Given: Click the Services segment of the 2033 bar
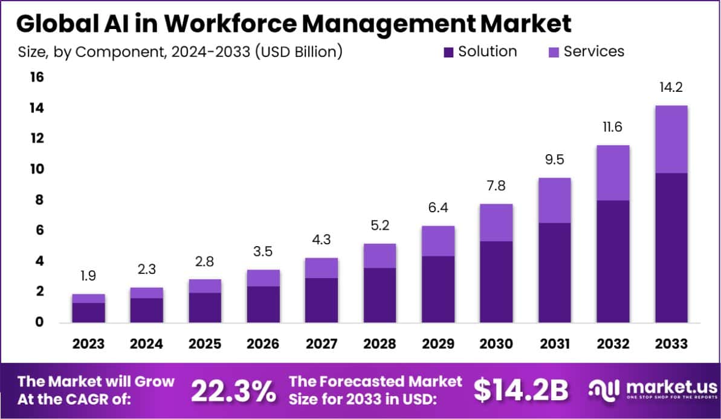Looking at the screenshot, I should tap(671, 139).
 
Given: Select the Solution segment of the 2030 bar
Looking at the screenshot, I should tap(496, 281).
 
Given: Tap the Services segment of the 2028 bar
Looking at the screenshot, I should tap(380, 256).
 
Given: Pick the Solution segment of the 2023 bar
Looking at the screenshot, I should tap(88, 312).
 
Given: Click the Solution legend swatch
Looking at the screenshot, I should tap(448, 52).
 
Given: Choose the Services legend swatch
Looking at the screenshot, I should tap(554, 52).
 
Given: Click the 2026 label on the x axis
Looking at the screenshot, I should tap(263, 343).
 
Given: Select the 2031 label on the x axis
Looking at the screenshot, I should tap(554, 343).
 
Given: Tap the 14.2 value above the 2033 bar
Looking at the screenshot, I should tap(671, 88).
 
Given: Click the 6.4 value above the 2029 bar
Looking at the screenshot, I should tap(438, 209).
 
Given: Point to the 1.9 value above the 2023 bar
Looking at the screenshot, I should tap(88, 277).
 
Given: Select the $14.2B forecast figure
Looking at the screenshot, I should tap(521, 391).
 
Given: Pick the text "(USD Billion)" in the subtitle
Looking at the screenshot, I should tap(299, 52).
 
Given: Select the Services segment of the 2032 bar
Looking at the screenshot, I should tap(613, 172).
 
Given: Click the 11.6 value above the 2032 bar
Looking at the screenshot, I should tap(613, 128).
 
